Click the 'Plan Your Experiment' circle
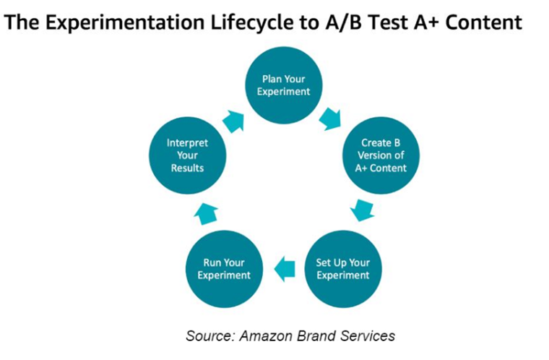283,85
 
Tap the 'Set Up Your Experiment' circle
342,269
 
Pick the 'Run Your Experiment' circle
224,269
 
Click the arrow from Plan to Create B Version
330,117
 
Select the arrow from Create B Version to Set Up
362,210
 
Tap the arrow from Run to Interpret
207,212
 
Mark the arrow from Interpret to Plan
233,120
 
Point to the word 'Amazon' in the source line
264,336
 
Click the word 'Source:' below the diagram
209,336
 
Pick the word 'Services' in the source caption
368,336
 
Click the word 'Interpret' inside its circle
188,143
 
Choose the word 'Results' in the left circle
188,168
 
